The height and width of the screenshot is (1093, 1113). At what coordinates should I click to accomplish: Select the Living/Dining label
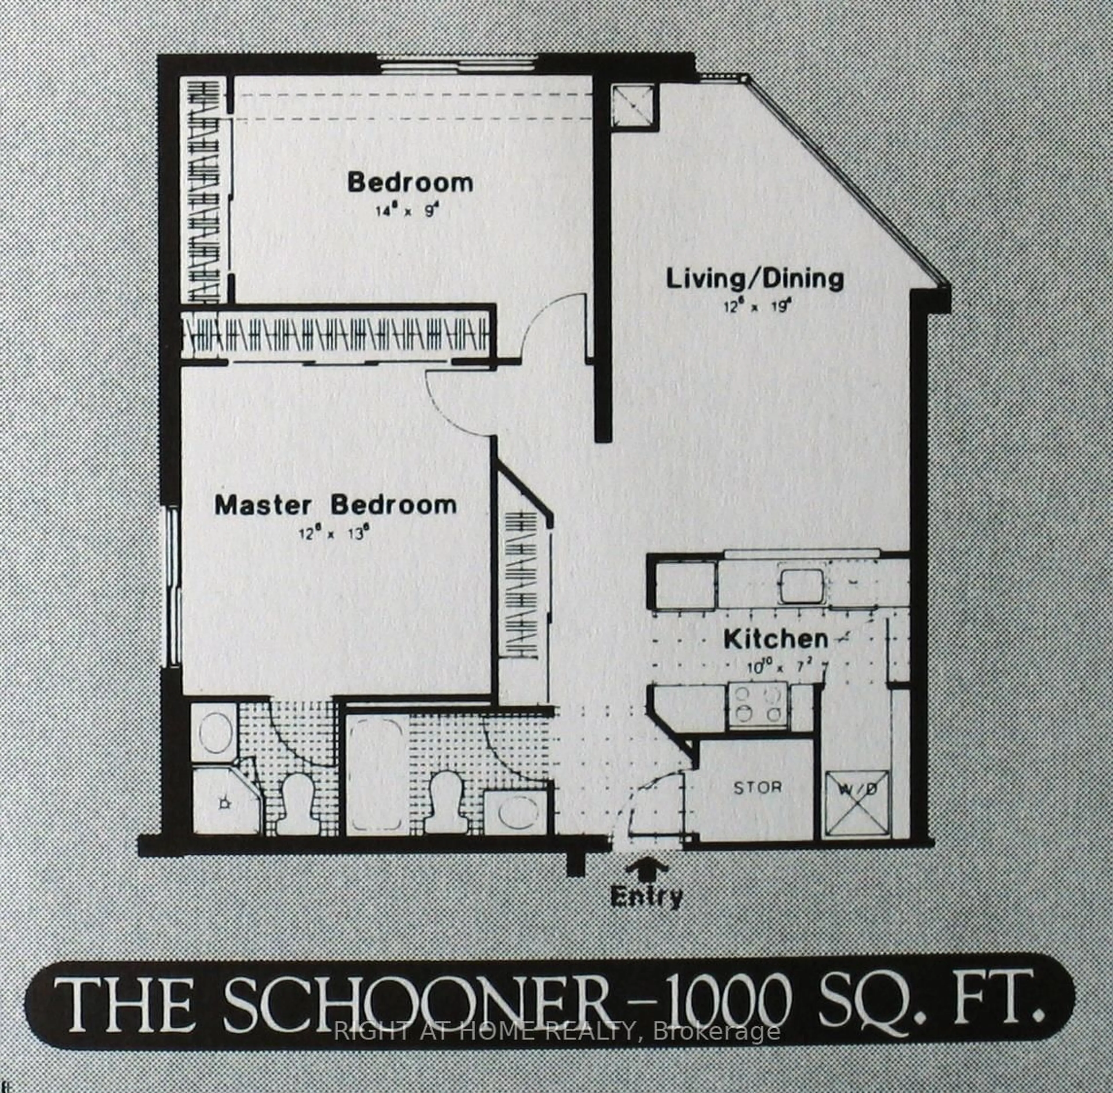pyautogui.click(x=755, y=280)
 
